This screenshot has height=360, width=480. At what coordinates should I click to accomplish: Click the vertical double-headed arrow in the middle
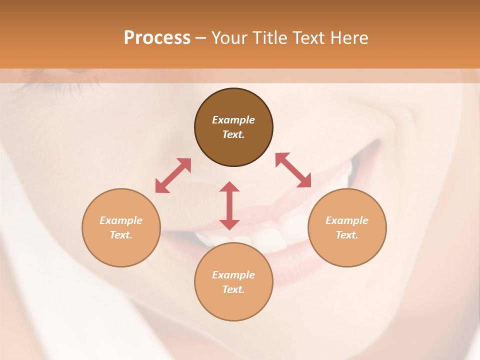point(229,205)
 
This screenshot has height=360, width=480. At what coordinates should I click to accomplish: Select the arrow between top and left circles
point(173,175)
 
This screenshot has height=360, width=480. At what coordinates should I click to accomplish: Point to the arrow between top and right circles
point(293,170)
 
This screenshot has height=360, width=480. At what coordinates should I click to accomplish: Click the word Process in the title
point(157,37)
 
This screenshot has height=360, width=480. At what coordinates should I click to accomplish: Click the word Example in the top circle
point(233,120)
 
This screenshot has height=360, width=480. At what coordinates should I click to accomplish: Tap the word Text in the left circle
point(121,235)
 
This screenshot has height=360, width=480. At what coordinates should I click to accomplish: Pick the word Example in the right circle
point(347,220)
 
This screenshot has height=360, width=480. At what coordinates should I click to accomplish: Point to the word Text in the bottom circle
point(233,289)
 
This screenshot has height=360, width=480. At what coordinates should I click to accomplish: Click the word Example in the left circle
point(121,220)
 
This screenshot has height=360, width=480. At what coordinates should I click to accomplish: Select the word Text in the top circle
point(233,134)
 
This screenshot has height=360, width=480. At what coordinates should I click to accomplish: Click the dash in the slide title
point(200,38)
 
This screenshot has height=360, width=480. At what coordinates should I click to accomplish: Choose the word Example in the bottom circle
point(233,275)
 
